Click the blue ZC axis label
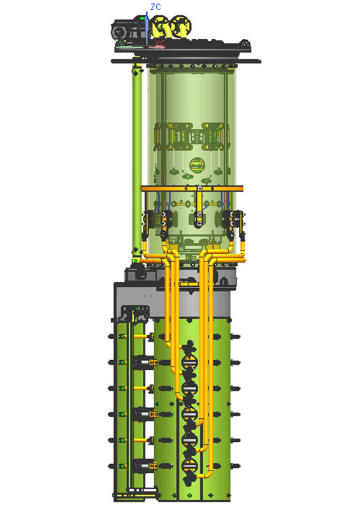[155, 7]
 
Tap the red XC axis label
[160, 43]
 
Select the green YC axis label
[120, 42]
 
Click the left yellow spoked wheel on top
[161, 26]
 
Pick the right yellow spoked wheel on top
[181, 25]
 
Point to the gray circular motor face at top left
[119, 32]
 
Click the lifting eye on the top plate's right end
[245, 43]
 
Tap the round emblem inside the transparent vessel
[197, 164]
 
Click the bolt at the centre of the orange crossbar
[199, 188]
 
